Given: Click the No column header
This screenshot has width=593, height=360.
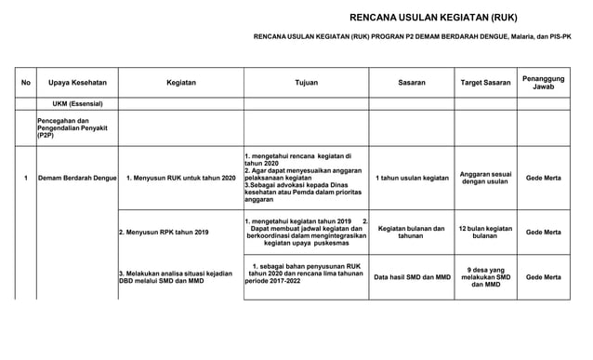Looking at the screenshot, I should click(x=26, y=83).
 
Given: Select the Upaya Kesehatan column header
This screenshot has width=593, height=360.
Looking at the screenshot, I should click(x=75, y=83).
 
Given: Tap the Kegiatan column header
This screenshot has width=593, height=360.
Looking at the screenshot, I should click(x=180, y=83).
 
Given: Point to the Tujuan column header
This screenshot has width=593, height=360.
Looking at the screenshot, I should click(x=306, y=83).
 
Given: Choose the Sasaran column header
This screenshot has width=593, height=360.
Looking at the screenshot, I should click(x=411, y=83).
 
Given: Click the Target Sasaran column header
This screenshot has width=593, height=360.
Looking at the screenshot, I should click(x=485, y=83).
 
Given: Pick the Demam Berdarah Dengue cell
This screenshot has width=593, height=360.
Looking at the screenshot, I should click(x=76, y=178).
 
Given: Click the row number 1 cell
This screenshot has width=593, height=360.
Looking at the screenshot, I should click(x=26, y=178).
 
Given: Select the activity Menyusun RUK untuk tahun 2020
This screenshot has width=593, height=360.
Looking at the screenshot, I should click(x=180, y=178).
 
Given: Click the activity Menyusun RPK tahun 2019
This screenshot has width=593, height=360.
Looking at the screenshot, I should click(x=164, y=232).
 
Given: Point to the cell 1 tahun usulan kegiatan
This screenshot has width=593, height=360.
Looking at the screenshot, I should click(x=411, y=178).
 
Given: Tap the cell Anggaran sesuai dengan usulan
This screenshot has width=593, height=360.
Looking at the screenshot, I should click(x=485, y=178).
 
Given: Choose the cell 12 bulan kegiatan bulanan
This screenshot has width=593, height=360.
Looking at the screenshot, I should click(x=485, y=232).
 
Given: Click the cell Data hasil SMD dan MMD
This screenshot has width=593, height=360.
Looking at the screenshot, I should click(x=411, y=277).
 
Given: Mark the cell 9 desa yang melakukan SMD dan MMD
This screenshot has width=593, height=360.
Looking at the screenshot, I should click(x=485, y=277).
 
